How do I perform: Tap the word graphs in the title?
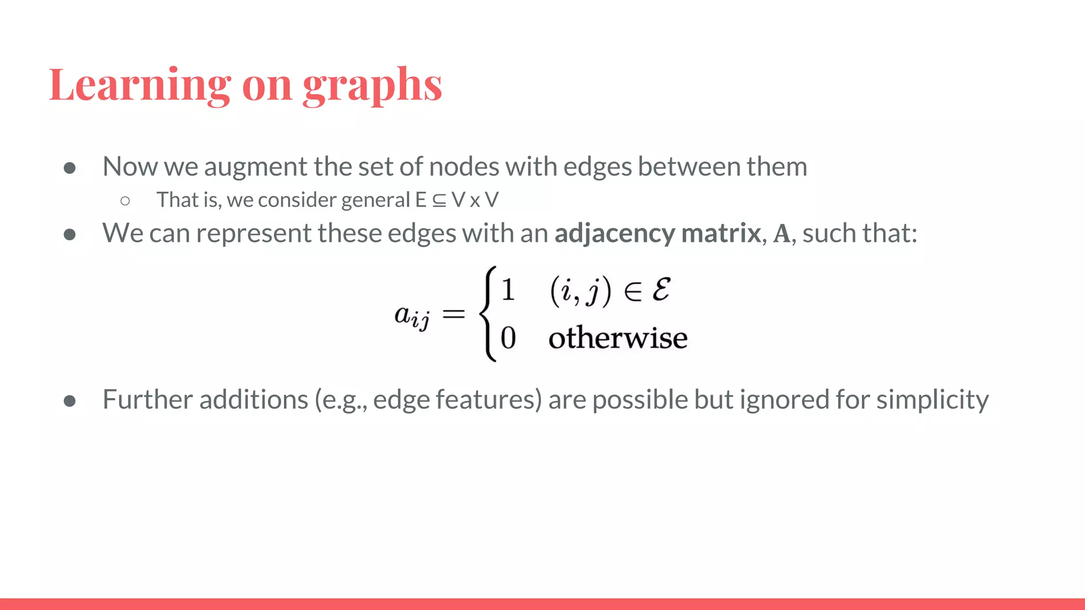pos(372,86)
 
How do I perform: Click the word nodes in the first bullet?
pos(464,167)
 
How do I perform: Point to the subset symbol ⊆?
pos(439,201)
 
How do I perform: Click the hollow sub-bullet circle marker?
pos(125,201)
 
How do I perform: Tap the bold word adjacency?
pos(615,234)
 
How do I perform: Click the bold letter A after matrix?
pos(781,234)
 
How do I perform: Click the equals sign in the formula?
pos(453,315)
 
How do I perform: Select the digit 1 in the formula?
pos(508,290)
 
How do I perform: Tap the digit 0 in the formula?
pos(508,338)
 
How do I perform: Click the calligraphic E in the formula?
pos(661,290)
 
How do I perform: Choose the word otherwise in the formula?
pos(618,338)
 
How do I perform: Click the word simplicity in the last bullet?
pos(932,400)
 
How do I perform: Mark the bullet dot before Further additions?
pos(69,401)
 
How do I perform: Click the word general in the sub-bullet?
pos(376,200)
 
